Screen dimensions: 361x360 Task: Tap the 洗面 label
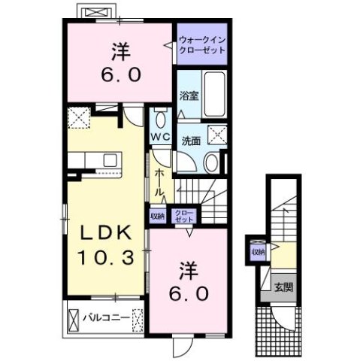[189, 141]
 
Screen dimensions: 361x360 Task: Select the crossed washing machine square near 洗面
[219, 136]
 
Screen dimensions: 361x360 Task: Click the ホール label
[159, 184]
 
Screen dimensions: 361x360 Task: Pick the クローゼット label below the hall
[183, 215]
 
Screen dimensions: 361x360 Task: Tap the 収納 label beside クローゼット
[157, 216]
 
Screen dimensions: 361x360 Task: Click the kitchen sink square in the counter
[110, 159]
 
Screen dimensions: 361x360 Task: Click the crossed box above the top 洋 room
[96, 13]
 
